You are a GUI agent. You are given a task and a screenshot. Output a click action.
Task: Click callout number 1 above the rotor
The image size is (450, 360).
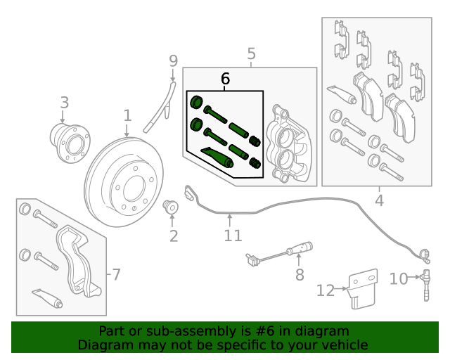point(127,115)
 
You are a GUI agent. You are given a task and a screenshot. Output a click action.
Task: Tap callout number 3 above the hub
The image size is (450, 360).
point(64,103)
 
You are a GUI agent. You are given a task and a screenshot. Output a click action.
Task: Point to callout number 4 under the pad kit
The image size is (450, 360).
point(379,200)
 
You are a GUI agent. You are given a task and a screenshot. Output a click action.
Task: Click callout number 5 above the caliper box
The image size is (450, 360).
point(251,53)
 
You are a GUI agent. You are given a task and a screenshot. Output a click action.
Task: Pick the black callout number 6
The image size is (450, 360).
point(225,79)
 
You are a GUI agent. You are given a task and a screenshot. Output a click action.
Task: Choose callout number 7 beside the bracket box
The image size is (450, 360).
point(116,274)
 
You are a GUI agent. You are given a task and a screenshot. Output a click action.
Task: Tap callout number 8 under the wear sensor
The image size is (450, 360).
point(300,274)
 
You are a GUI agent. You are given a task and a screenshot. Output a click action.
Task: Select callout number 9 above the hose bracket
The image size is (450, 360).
point(174,62)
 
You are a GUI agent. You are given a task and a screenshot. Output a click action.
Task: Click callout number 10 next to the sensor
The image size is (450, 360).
point(398,279)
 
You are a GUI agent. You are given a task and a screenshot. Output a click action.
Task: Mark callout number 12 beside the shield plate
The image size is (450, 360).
point(326,289)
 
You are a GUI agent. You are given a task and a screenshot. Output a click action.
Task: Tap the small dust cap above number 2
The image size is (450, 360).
point(170,207)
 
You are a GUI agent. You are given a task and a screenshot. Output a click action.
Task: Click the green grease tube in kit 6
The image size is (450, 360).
point(217,156)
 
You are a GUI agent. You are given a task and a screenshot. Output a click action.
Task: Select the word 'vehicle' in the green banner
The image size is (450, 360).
point(344,345)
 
